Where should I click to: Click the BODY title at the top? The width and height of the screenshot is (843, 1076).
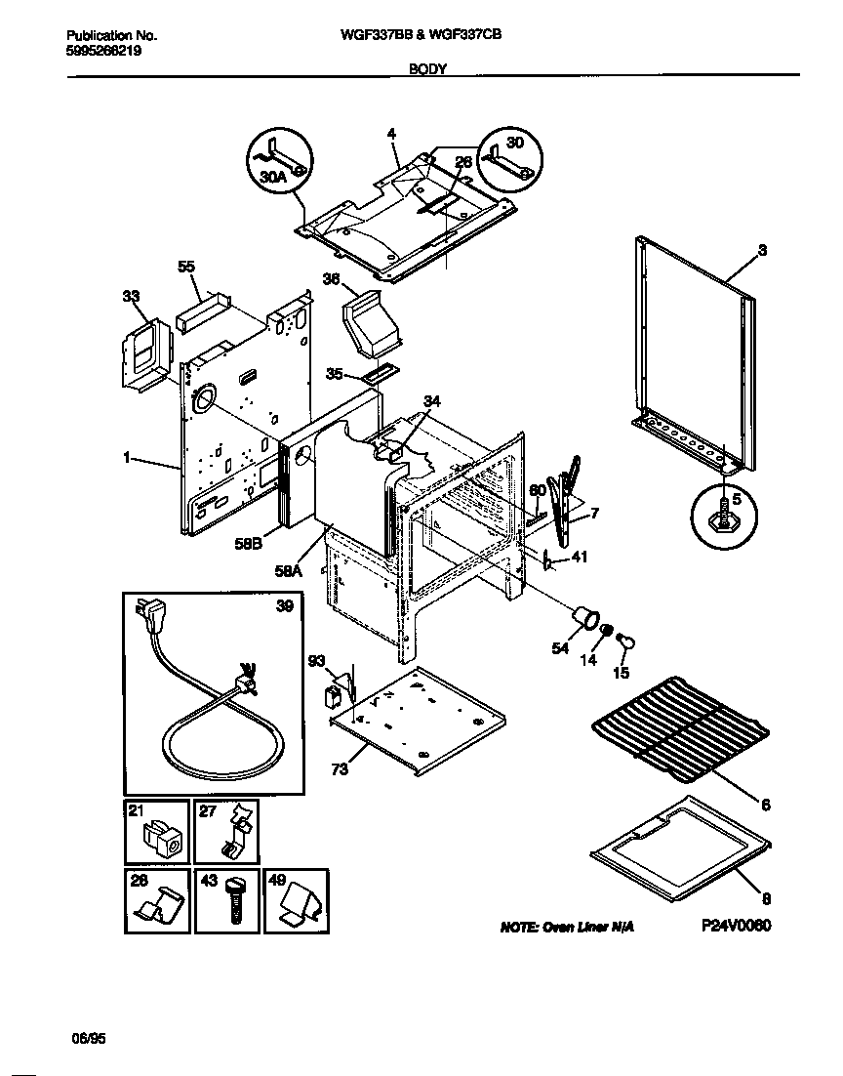pyautogui.click(x=426, y=71)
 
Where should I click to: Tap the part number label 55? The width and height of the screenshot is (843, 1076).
pyautogui.click(x=185, y=266)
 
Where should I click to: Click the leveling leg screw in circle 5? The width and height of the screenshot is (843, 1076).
pyautogui.click(x=724, y=513)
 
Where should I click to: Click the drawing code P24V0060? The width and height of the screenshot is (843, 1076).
pyautogui.click(x=735, y=926)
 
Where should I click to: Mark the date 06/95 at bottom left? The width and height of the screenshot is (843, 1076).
pyautogui.click(x=86, y=1041)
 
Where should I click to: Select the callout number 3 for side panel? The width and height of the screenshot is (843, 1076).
pyautogui.click(x=762, y=250)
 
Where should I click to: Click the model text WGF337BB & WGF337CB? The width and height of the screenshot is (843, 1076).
pyautogui.click(x=421, y=33)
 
